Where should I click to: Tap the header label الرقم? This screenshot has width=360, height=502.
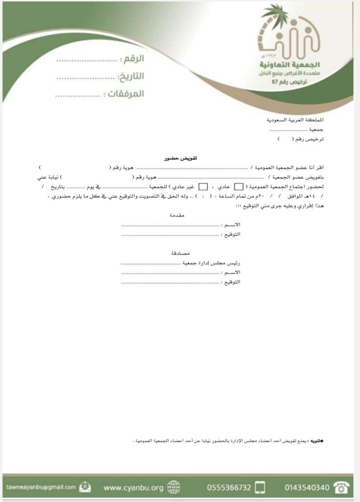coord(132,60)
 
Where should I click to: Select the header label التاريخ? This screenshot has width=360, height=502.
coord(131,76)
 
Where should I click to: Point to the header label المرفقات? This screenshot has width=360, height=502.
coord(124,93)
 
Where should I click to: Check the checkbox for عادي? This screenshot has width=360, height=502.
coord(239,186)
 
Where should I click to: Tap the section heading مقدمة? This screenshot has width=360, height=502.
coord(176,215)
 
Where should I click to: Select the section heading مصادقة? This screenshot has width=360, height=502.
coord(175,254)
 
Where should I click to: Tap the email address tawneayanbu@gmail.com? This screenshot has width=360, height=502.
coord(41,487)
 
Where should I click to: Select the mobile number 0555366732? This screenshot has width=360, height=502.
coord(229,488)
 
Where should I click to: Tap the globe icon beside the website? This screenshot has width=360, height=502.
coord(173,487)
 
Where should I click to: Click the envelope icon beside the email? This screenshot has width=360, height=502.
coord(86,487)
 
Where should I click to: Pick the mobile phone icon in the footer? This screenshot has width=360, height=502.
coord(261,487)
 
